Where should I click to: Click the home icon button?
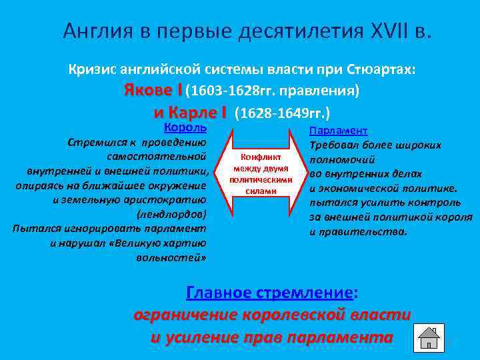[x=429, y=338]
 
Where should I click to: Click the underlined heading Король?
[x=185, y=128]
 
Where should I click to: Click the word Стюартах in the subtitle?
[x=381, y=69]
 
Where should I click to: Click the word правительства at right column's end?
[x=368, y=232]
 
